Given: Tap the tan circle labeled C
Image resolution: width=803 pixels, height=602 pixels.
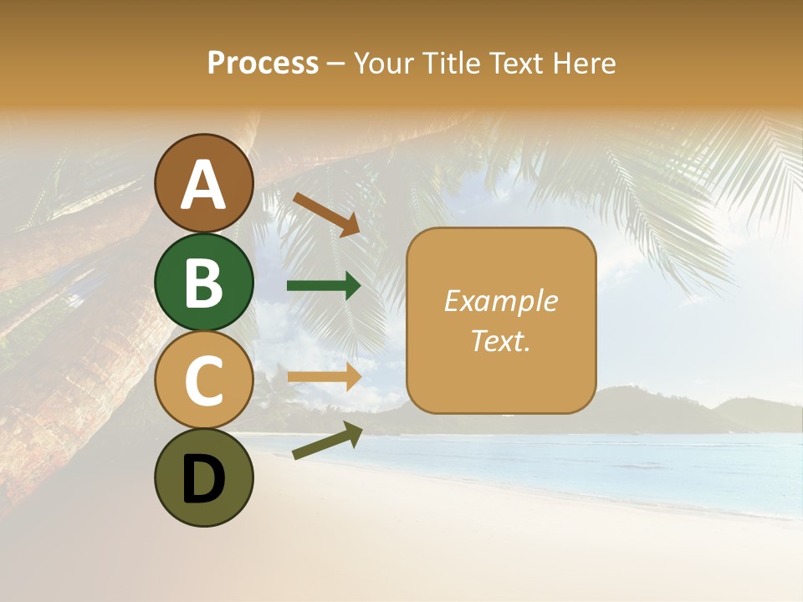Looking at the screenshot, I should point(204,380).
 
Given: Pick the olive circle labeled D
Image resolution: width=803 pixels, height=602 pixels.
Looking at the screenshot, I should point(204,477).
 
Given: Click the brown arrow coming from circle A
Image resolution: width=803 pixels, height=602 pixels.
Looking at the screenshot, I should point(326,214).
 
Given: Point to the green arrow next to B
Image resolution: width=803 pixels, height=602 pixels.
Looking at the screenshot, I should point(324,286).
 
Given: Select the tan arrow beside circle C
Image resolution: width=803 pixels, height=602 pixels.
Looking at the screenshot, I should point(324,376).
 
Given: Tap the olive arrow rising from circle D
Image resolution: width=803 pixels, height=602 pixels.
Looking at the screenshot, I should point(327,441).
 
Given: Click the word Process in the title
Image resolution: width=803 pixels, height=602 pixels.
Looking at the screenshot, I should point(263,63).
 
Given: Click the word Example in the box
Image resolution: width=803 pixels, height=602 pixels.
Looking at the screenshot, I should point(500,301).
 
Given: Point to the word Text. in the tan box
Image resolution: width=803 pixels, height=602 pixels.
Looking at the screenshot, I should point(500,340).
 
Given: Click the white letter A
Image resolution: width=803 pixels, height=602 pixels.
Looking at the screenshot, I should point(204,185).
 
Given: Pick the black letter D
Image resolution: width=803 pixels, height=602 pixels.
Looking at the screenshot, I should point(204,481).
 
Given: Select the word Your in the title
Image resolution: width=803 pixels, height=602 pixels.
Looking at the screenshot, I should point(382,63).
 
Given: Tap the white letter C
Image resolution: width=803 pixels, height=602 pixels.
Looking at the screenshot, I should point(204,381).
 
